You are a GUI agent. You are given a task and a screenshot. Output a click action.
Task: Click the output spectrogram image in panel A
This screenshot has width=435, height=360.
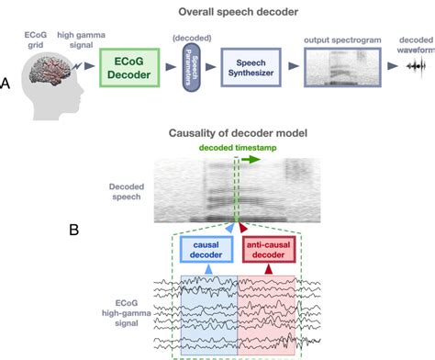[x=340, y=68]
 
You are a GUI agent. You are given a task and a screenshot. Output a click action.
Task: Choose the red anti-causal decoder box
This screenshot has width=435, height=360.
[x=269, y=248]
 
